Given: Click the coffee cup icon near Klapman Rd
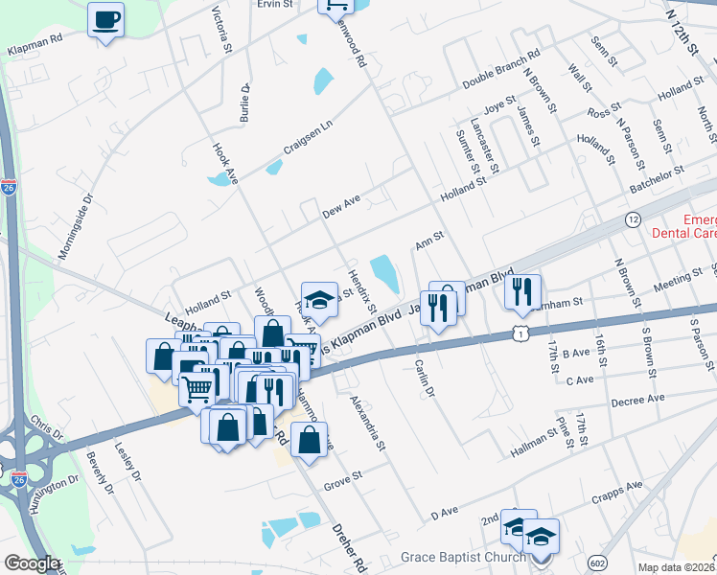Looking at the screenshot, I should (x=105, y=19).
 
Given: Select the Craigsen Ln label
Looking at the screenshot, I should (x=307, y=139).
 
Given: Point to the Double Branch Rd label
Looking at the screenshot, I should (x=500, y=69).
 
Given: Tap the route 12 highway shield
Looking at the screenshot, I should (x=632, y=219).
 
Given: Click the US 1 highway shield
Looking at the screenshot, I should (x=519, y=332).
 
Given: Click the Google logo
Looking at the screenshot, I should (x=32, y=563).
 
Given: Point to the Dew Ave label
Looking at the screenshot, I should (x=340, y=205).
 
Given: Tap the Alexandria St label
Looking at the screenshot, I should (x=367, y=425).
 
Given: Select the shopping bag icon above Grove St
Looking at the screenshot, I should (x=309, y=441).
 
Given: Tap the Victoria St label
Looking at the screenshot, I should (x=221, y=30).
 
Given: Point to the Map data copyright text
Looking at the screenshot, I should (x=677, y=567).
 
